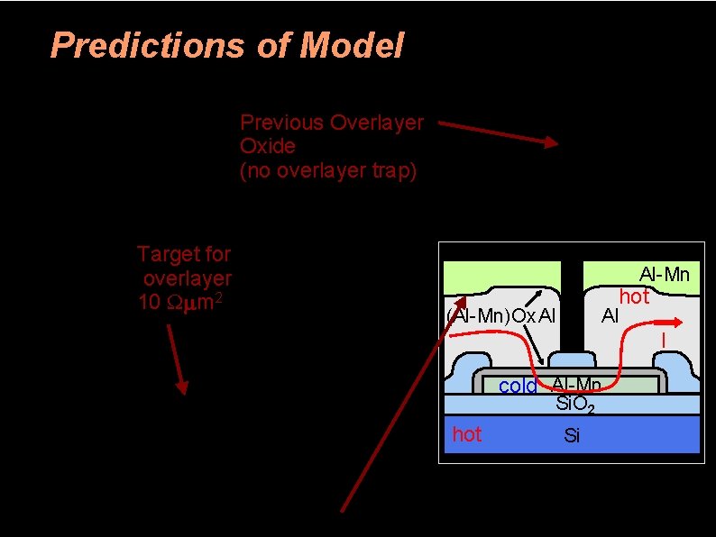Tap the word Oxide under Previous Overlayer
tap(267, 146)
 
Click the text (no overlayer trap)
tap(328, 170)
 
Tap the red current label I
tap(664, 341)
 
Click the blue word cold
tap(518, 387)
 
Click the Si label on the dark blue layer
tap(571, 437)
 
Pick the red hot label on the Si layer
tap(467, 434)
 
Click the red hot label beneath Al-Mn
tap(634, 296)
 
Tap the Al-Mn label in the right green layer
tap(664, 273)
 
